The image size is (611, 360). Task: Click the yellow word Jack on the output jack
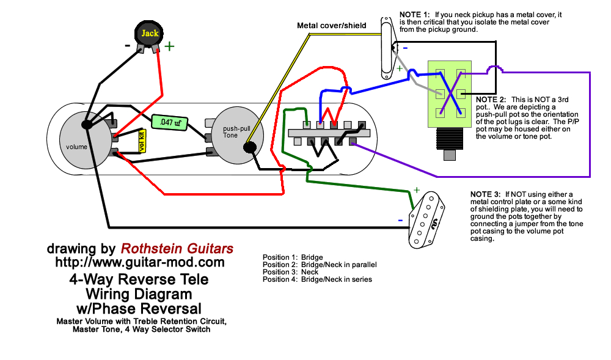point(150,33)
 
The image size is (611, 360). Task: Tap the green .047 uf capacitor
point(169,122)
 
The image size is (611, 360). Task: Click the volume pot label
point(77,147)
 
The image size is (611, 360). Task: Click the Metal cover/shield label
point(331,26)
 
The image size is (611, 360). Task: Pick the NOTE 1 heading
point(415,14)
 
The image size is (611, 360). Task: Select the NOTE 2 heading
point(491,99)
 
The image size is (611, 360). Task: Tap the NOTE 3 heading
point(486,194)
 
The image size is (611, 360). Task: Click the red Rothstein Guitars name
point(177,249)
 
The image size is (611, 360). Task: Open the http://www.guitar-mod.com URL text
point(140,262)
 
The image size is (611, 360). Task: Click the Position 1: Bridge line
point(293,257)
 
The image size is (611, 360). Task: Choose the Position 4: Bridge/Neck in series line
point(317,279)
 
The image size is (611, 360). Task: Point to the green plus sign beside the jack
point(169,45)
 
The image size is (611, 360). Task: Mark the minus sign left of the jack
point(128,45)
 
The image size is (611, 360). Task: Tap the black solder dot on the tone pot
point(249,147)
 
